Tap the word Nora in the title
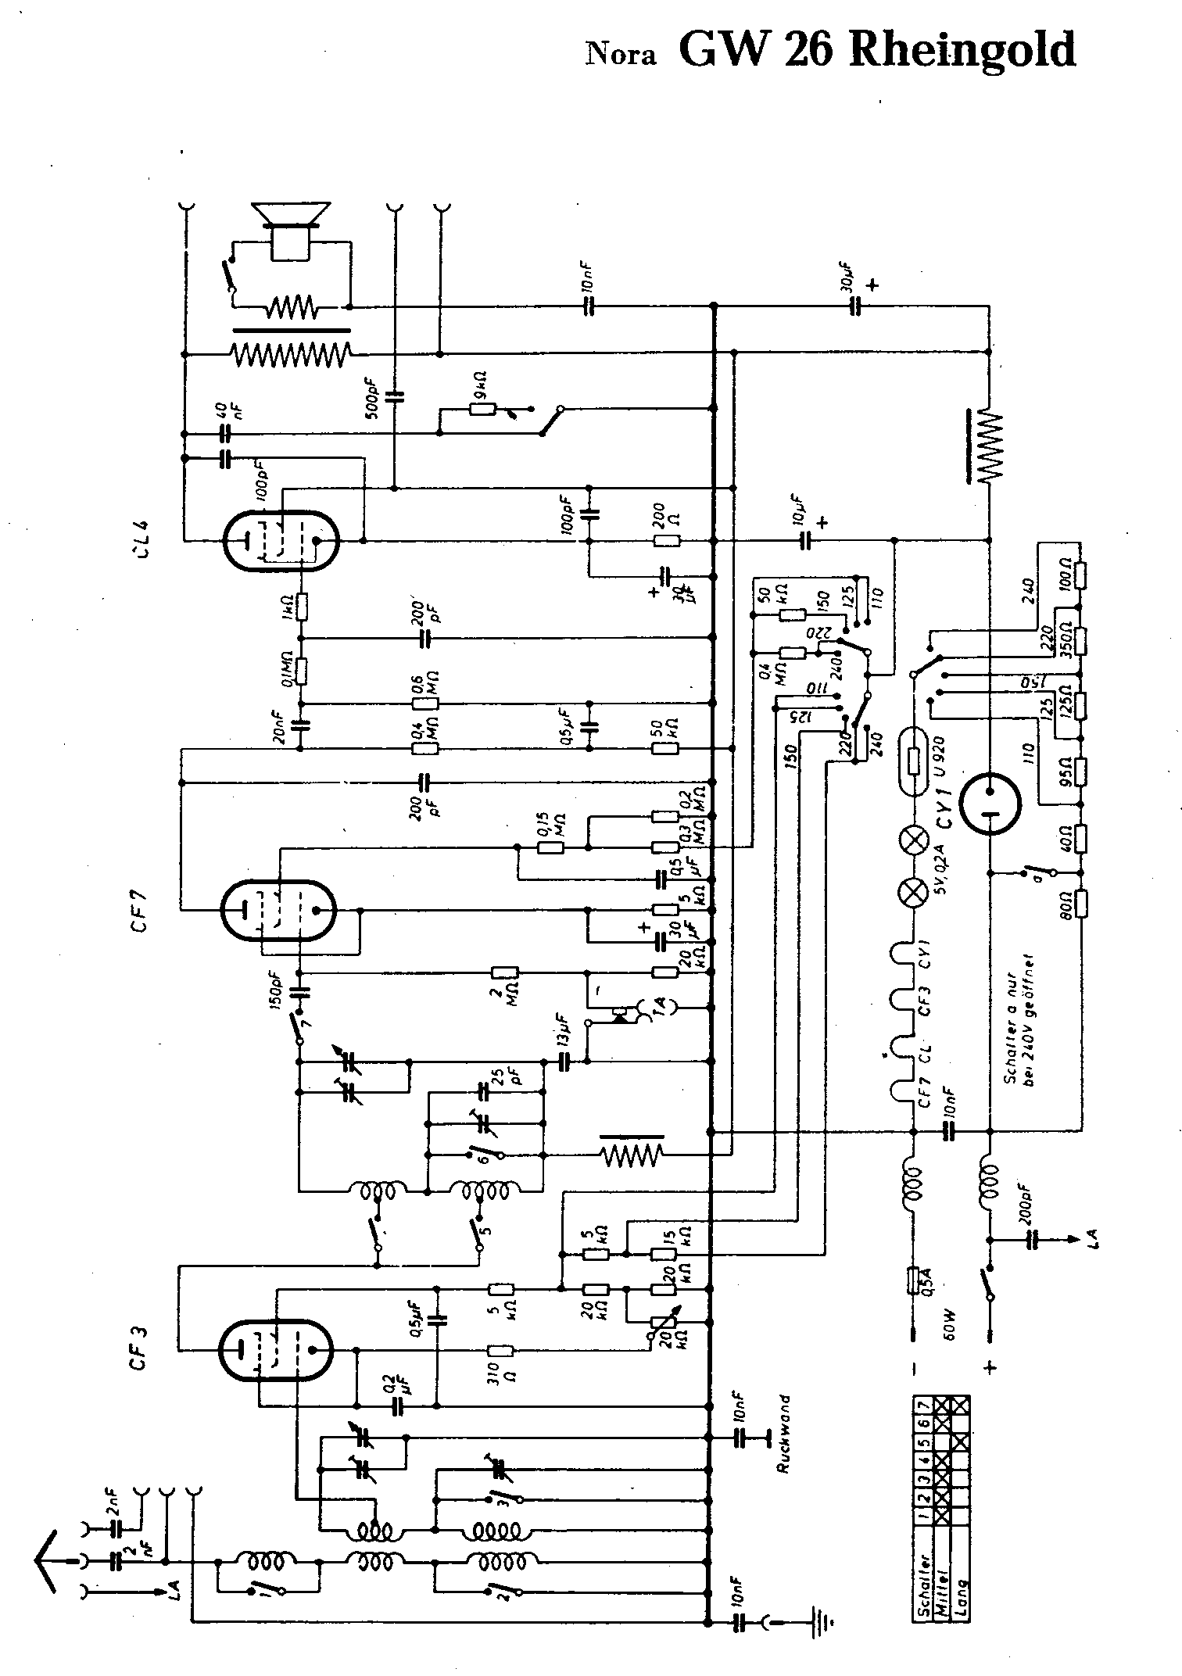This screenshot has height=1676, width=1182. [x=621, y=55]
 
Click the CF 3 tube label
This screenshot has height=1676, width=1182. [x=139, y=1351]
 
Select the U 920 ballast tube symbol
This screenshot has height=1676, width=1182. [x=914, y=758]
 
